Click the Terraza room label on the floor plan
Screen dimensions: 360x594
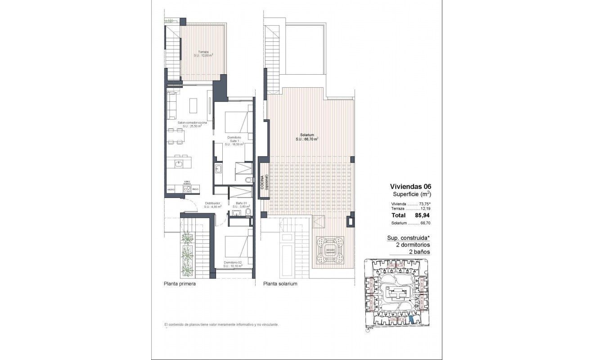(203, 54)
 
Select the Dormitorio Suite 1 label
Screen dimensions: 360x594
(234, 140)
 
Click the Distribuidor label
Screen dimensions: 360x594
(212, 205)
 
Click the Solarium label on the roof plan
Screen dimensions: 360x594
(307, 137)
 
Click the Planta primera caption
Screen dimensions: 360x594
(180, 284)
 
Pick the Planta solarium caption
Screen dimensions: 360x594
(280, 284)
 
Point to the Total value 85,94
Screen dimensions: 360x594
(421, 216)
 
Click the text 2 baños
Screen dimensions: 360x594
(419, 252)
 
